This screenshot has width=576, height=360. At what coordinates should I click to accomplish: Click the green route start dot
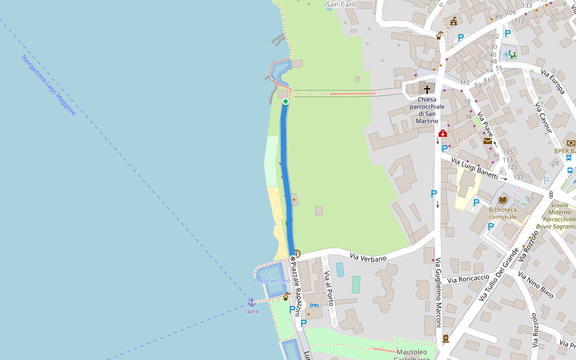tap(286, 101)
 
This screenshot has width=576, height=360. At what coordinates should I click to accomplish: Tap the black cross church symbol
tap(427, 89)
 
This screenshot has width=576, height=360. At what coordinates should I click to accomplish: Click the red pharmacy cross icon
tap(443, 133)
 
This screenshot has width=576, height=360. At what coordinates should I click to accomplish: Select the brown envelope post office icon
tap(487, 141)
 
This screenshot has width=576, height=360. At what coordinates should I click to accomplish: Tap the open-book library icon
tap(503, 200)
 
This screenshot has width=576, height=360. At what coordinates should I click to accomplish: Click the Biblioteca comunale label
tap(502, 213)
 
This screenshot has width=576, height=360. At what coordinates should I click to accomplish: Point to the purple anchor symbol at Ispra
tap(252, 302)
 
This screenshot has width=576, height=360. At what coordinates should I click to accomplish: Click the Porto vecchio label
tap(272, 281)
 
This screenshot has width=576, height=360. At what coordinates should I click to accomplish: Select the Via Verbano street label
tap(369, 257)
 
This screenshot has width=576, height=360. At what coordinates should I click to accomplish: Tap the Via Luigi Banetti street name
tap(475, 168)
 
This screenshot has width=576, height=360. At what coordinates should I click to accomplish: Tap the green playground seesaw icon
tap(512, 55)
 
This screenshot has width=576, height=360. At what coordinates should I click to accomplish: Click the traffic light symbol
tap(551, 195)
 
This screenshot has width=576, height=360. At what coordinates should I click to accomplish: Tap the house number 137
tap(518, 178)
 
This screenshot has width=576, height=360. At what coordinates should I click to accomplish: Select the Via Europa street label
tap(553, 82)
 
